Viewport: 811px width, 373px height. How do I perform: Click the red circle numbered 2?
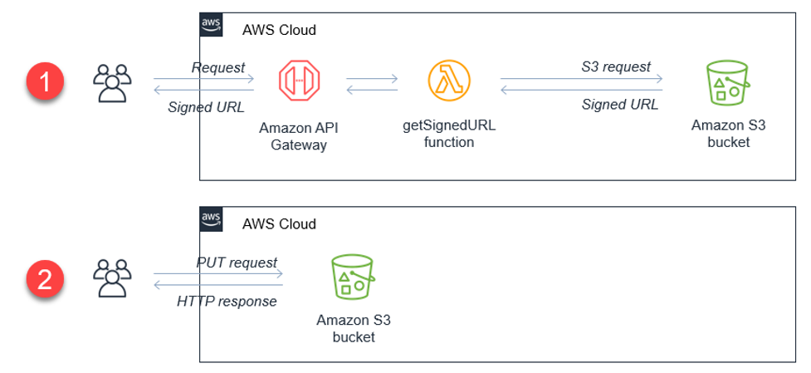[x=45, y=278]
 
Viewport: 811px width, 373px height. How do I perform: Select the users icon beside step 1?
[x=111, y=83]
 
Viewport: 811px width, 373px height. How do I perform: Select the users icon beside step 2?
[x=111, y=277]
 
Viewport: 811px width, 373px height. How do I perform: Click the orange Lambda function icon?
[x=448, y=81]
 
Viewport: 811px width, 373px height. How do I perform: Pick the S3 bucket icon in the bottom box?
[x=353, y=276]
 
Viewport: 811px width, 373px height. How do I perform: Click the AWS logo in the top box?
[x=212, y=25]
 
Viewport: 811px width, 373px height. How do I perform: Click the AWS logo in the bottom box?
[x=212, y=219]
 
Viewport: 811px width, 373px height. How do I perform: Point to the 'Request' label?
[x=217, y=66]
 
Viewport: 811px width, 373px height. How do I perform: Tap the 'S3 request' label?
[x=616, y=66]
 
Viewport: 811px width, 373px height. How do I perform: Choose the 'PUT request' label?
[x=237, y=263]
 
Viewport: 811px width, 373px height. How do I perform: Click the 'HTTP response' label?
[x=227, y=301]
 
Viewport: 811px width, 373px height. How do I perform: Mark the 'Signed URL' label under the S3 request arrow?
[x=619, y=105]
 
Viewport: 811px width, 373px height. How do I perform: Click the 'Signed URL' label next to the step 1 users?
[x=205, y=106]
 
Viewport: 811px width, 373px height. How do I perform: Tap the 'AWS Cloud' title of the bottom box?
[x=279, y=223]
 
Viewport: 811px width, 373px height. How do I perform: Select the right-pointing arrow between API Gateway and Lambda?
[x=372, y=80]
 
